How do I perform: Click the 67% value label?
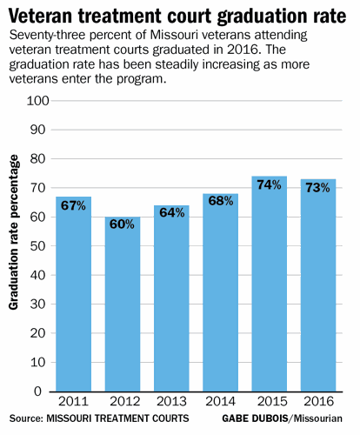coord(72,206)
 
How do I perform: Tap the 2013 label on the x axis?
coord(171,404)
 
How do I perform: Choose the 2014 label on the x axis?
coord(221,404)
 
